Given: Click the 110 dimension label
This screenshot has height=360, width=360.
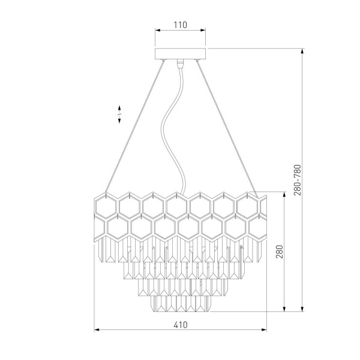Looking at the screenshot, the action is pos(180,25).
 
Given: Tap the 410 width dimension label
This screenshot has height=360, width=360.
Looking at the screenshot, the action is pos(181,325).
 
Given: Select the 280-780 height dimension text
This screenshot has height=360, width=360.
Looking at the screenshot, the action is pos(298,180).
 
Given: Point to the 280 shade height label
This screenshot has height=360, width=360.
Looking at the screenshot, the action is pos(280,252).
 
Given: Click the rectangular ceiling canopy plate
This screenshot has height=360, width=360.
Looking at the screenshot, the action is pos(180,54).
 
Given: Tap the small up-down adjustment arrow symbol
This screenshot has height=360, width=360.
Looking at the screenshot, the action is pos(119,114).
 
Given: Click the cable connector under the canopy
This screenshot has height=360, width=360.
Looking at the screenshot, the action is pos(180,64).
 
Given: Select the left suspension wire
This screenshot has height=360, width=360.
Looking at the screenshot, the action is pos(135,126).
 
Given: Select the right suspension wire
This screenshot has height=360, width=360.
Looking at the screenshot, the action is pos(227,128).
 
